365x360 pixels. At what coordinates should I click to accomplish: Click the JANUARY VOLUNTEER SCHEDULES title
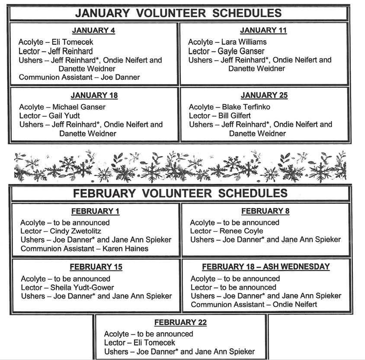pos(178,13)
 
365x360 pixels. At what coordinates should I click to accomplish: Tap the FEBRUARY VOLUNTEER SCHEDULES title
pos(180,193)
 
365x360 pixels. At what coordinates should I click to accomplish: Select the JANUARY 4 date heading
pos(93,30)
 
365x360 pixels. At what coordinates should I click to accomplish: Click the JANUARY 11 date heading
pos(263,30)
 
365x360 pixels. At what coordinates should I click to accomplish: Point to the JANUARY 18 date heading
pos(94,95)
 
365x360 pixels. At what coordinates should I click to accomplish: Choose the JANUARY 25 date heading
pos(264,95)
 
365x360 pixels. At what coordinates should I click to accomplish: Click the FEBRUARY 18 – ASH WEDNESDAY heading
pos(266,267)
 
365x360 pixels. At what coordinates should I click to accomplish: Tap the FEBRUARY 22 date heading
pos(180,322)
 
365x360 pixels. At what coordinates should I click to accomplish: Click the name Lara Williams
pos(244,42)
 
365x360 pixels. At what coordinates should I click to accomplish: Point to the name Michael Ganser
pos(79,107)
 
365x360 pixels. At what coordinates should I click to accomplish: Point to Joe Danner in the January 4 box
pos(120,77)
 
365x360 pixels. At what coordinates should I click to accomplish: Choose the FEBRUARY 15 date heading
pos(96,267)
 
